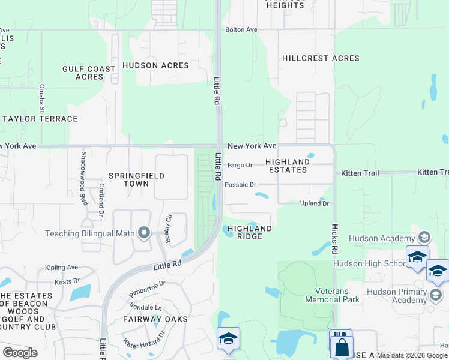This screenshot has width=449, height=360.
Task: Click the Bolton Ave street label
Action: pyautogui.click(x=241, y=29)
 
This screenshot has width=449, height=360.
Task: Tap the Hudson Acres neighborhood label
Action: pyautogui.click(x=155, y=65)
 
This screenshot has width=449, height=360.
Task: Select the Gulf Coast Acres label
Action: pyautogui.click(x=89, y=73)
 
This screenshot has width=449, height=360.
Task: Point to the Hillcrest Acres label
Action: pyautogui.click(x=321, y=58)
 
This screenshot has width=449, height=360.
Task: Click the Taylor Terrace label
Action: pyautogui.click(x=40, y=119)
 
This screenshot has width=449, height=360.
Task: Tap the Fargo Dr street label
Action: pyautogui.click(x=240, y=165)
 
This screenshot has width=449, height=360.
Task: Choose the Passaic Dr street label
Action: pyautogui.click(x=240, y=185)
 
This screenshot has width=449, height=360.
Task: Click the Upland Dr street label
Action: pyautogui.click(x=315, y=204)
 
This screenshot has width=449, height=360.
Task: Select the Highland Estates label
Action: pyautogui.click(x=288, y=166)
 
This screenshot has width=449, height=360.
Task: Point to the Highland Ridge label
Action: pyautogui.click(x=250, y=232)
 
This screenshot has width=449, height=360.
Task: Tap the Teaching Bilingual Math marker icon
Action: pyautogui.click(x=143, y=232)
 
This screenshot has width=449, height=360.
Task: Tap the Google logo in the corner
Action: pyautogui.click(x=20, y=352)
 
